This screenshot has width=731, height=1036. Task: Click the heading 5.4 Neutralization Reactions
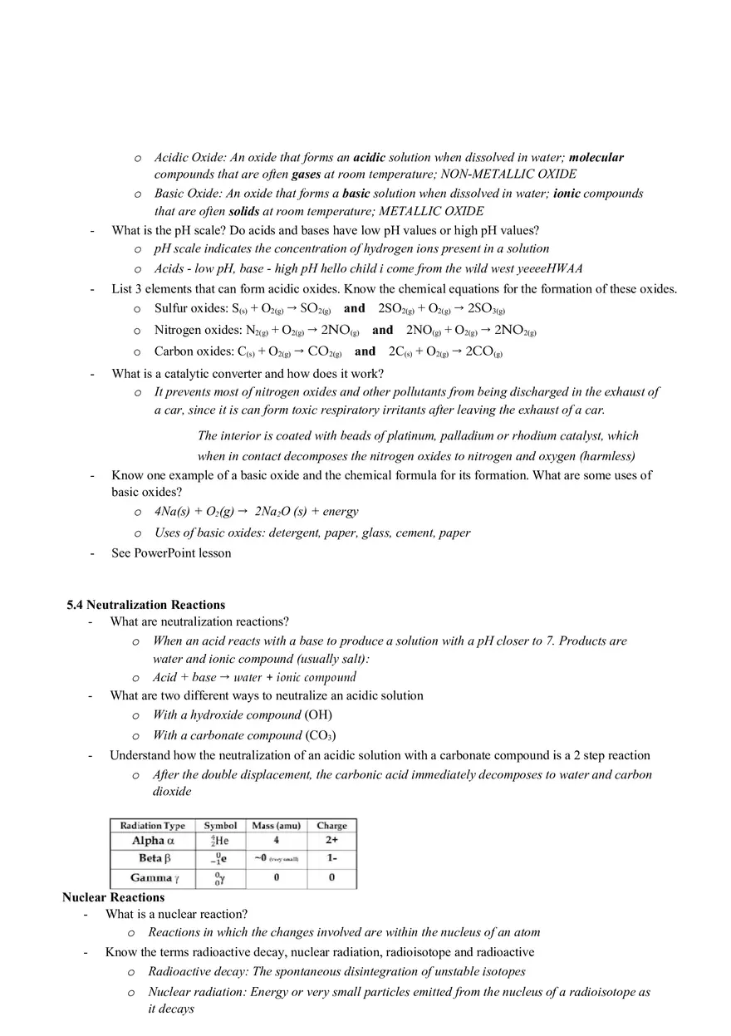(145, 605)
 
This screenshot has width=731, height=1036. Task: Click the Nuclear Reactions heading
(113, 897)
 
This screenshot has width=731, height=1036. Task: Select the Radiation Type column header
(153, 826)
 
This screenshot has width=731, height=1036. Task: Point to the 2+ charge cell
(331, 841)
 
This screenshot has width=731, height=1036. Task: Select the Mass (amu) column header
(276, 826)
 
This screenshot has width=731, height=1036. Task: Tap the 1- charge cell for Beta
(331, 858)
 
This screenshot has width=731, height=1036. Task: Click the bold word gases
(306, 174)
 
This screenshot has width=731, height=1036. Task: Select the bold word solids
(243, 211)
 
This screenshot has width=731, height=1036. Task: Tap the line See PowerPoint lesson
(171, 553)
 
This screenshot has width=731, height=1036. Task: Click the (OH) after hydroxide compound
(318, 714)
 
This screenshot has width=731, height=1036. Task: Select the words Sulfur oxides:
(191, 308)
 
